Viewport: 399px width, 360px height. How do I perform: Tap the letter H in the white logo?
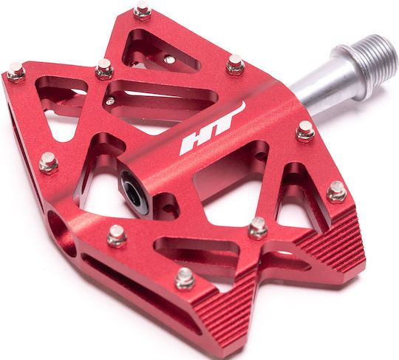point(194,144)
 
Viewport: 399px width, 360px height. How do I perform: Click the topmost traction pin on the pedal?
point(143,10)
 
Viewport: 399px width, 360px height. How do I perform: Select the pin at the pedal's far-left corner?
point(16,72)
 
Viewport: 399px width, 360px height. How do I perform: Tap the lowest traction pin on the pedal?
point(185,278)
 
